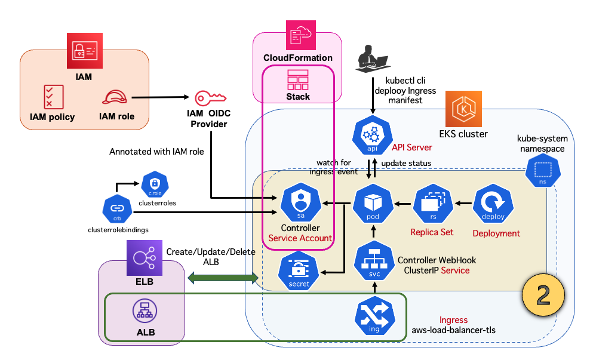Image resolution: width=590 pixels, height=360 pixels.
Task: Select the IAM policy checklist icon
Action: [53, 97]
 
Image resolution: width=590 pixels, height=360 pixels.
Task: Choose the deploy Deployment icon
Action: [493, 204]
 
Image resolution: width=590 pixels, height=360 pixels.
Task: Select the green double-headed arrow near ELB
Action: [222, 278]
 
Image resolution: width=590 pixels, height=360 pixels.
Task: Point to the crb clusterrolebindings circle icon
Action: [116, 209]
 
